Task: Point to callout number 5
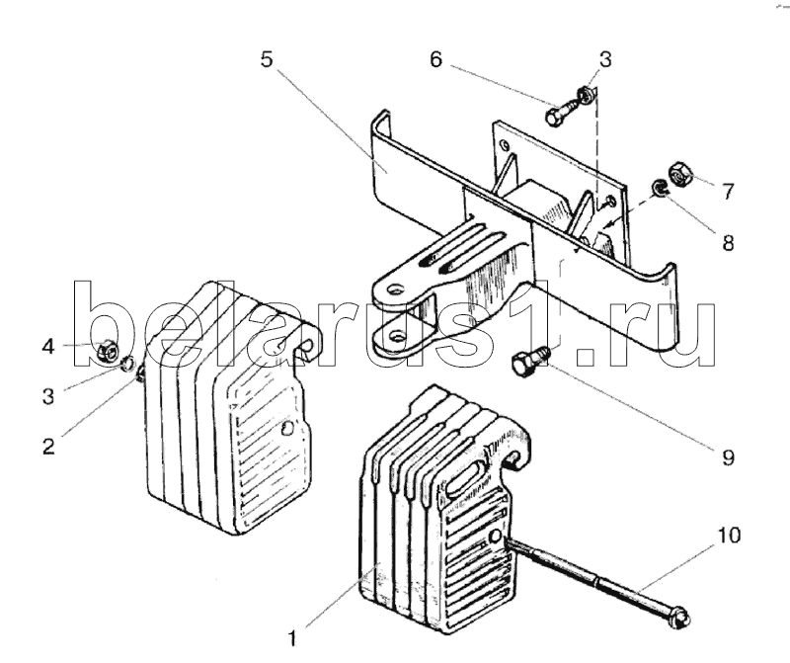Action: pyautogui.click(x=267, y=58)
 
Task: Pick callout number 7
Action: pyautogui.click(x=728, y=192)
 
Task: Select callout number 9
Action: pyautogui.click(x=728, y=457)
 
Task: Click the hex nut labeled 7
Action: pyautogui.click(x=679, y=174)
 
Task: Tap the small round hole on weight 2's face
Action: pyautogui.click(x=286, y=429)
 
